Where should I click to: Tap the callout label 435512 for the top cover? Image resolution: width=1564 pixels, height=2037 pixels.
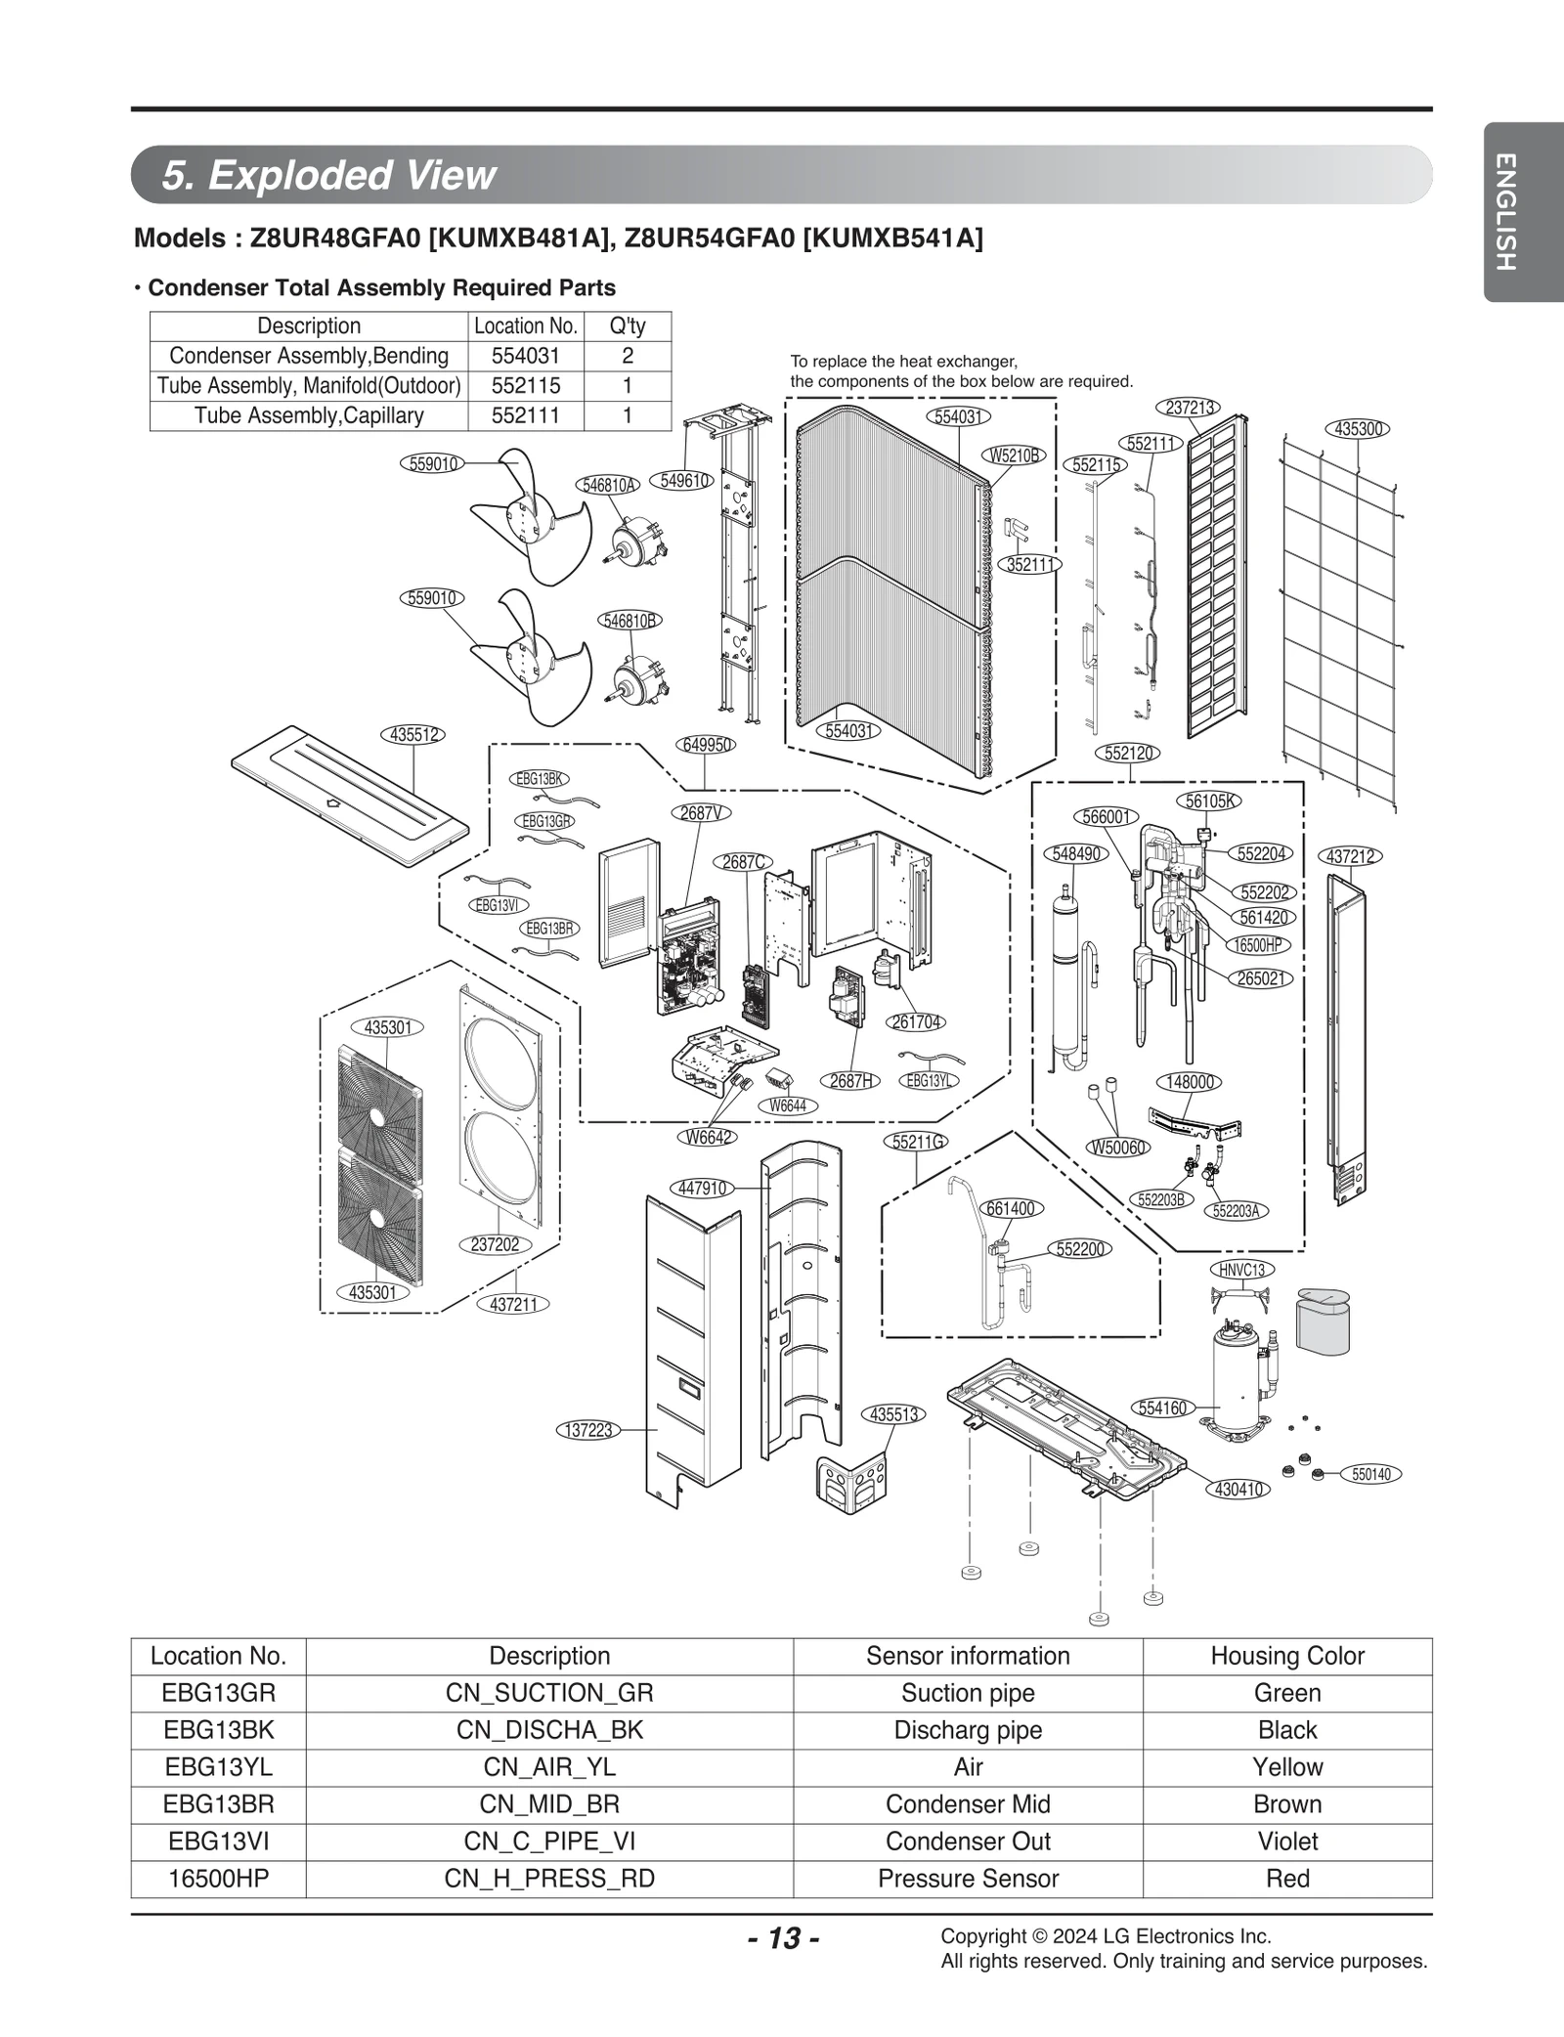pyautogui.click(x=413, y=735)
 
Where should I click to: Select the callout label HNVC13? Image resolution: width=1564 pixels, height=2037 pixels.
pyautogui.click(x=1241, y=1270)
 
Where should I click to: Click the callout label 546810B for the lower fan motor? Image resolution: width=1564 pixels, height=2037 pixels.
pyautogui.click(x=629, y=621)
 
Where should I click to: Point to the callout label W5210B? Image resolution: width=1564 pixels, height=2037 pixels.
pyautogui.click(x=1014, y=455)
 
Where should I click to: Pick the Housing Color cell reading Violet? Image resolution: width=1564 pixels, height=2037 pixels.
pyautogui.click(x=1286, y=1842)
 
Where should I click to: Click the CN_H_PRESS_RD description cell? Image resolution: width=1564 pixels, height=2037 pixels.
pyautogui.click(x=549, y=1879)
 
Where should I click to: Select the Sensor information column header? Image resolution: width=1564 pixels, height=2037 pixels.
pyautogui.click(x=968, y=1656)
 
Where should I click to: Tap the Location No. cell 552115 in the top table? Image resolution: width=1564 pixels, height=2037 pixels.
pyautogui.click(x=526, y=385)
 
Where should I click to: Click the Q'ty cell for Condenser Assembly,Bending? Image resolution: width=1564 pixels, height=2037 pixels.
pyautogui.click(x=628, y=356)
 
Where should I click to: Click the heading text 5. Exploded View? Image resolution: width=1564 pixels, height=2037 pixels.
pyautogui.click(x=329, y=175)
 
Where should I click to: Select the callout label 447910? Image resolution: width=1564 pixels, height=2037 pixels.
pyautogui.click(x=702, y=1188)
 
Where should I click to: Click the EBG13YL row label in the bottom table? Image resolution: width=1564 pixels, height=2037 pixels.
pyautogui.click(x=218, y=1767)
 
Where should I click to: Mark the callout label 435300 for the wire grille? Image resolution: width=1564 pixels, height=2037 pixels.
pyautogui.click(x=1358, y=428)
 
